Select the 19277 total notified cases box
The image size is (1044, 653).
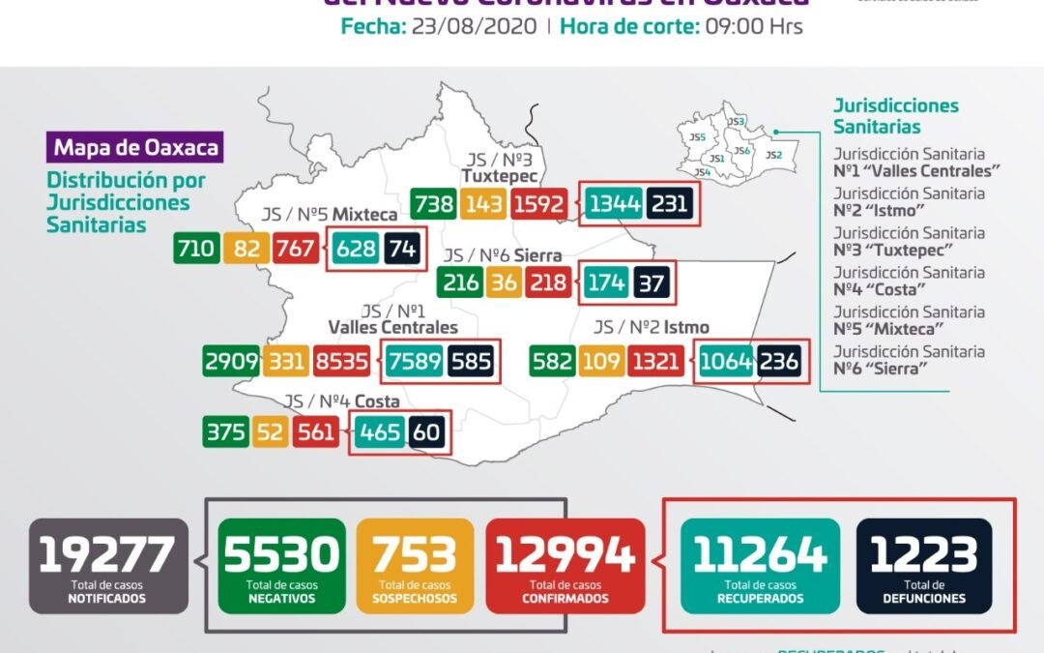[x=107, y=566]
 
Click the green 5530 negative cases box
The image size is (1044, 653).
[x=281, y=566]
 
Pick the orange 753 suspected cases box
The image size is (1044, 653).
[x=415, y=566]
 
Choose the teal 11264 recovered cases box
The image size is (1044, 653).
[x=759, y=566]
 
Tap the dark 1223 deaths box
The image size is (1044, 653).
[x=924, y=566]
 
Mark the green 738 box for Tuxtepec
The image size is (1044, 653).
[x=432, y=205]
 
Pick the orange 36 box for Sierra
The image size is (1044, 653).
[x=503, y=282]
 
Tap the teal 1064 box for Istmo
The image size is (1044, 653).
[x=726, y=362]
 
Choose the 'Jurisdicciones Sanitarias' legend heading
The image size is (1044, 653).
[x=895, y=116]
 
